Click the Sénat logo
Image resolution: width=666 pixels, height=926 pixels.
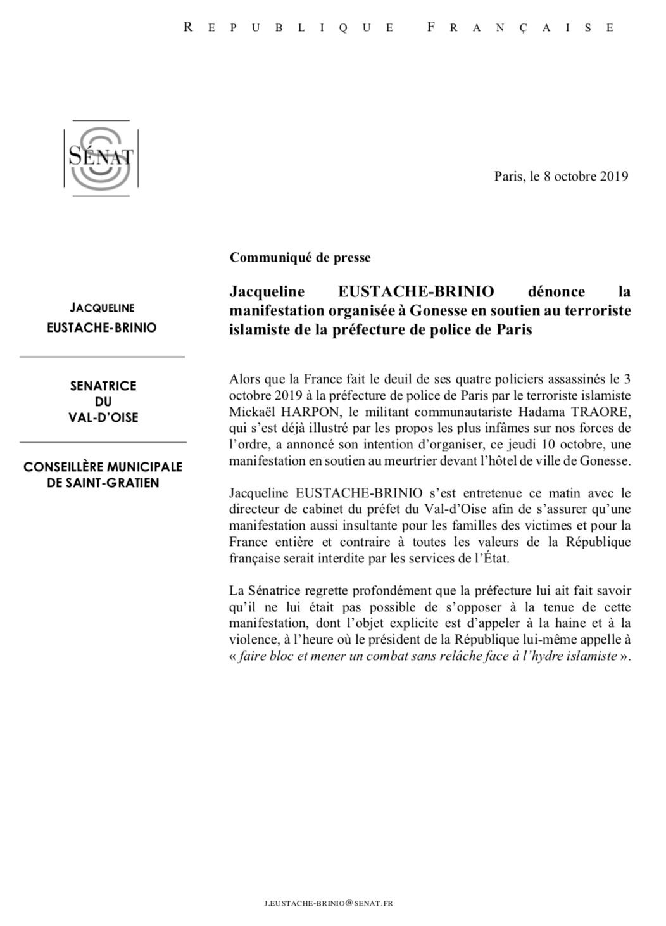pos(101,158)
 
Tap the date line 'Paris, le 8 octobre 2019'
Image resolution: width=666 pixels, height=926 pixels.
pos(561,176)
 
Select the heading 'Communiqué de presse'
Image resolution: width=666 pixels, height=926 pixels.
pos(300,258)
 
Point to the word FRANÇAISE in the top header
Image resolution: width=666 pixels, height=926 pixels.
pos(520,27)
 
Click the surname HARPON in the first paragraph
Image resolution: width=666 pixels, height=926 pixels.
pos(309,412)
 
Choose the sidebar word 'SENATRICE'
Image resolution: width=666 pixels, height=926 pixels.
pos(103,385)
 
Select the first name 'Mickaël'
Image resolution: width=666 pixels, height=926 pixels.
pos(251,412)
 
